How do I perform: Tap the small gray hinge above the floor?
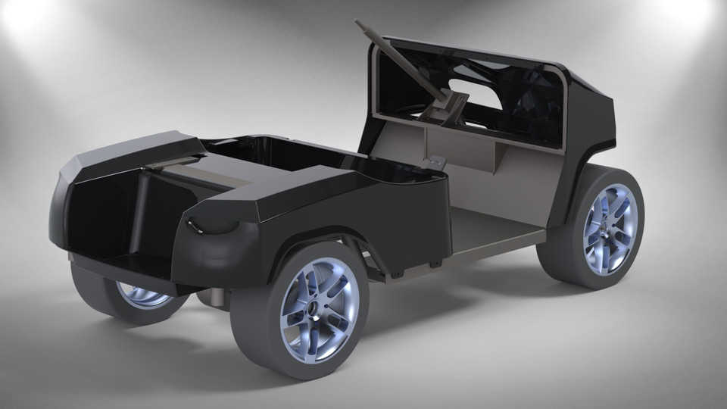point(434,161)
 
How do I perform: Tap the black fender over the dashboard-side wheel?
point(594,136)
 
